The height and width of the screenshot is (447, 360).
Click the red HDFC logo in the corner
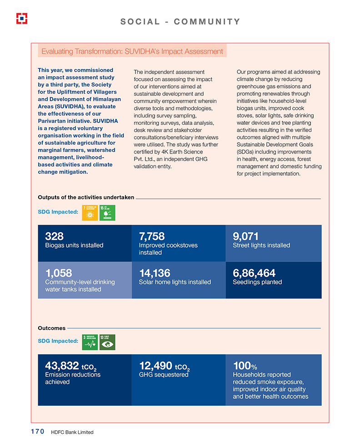22,18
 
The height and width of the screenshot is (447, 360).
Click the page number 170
37,432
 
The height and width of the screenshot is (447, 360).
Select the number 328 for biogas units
54,236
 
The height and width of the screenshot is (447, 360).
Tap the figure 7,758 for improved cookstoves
151,236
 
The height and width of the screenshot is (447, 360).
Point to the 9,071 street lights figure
245,236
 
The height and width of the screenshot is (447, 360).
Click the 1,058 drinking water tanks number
59,273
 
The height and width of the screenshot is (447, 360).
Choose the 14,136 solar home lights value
155,273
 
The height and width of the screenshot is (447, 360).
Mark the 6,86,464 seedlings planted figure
254,273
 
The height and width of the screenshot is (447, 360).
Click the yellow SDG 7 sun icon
90,213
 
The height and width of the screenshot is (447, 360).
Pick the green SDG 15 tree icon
107,213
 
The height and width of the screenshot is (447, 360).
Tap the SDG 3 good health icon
90,342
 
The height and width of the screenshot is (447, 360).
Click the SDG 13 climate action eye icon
107,342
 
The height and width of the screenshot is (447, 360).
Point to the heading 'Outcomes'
51,328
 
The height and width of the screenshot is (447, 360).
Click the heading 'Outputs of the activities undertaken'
86,197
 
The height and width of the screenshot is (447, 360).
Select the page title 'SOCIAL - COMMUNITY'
180,21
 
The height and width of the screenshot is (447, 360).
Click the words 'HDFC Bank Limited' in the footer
72,432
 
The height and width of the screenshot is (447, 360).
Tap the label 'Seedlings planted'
257,282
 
